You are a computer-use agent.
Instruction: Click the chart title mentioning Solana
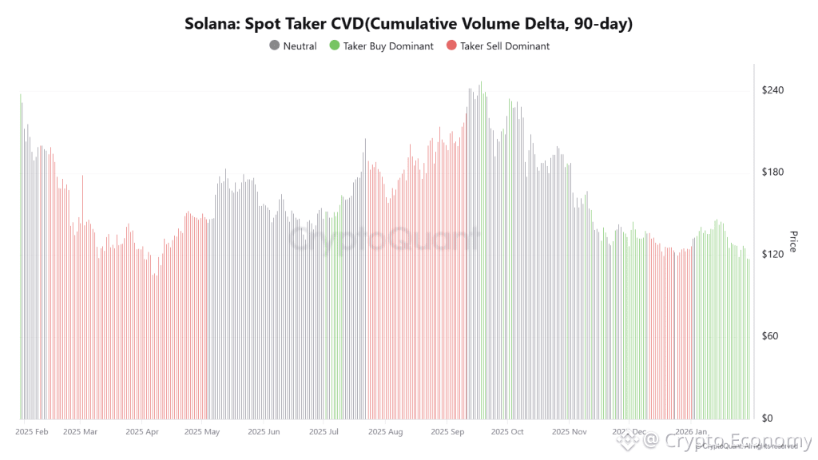point(409,24)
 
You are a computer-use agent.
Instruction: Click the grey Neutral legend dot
point(275,46)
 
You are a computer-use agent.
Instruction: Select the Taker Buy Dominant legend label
point(388,46)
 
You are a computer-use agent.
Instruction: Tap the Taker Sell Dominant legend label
point(505,46)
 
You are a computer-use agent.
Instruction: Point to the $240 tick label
point(772,90)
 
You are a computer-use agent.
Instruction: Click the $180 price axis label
point(772,172)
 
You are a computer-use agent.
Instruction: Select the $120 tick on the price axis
point(772,254)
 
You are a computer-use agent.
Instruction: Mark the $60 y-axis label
point(770,336)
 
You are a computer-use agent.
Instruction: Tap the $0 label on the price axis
point(767,418)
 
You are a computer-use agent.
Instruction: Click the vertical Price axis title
point(793,241)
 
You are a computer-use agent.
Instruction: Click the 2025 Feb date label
point(32,431)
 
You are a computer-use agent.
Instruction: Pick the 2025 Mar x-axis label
point(80,431)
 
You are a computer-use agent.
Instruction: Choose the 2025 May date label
point(202,431)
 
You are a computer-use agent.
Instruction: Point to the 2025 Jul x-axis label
point(324,431)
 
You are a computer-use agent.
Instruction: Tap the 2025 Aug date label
point(386,431)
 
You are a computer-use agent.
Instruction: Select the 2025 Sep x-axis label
point(447,431)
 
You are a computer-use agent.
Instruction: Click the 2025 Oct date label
point(507,431)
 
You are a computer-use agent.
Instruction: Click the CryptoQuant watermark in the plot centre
point(384,239)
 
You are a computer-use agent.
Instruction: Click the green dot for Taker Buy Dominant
point(335,46)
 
